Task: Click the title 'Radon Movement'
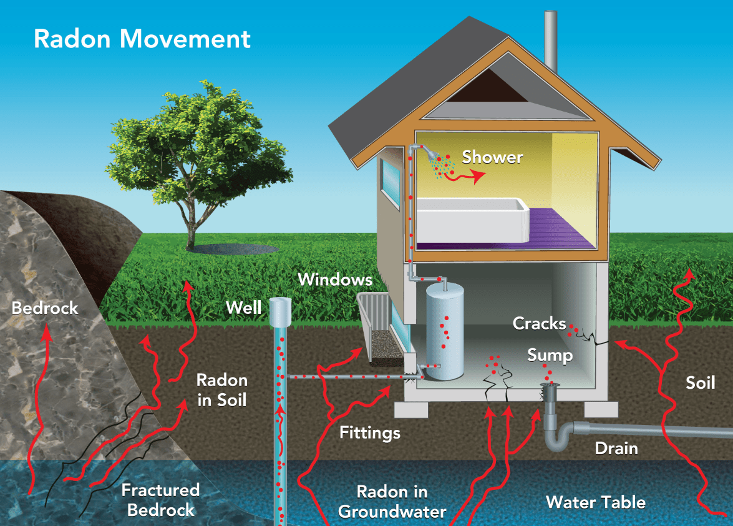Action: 142,39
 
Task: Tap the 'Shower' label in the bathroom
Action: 492,157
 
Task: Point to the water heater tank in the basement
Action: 445,331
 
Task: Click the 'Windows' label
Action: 335,279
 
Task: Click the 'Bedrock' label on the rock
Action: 45,308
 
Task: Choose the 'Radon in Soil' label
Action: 222,389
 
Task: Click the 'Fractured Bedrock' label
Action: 160,499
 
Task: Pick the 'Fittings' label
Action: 370,432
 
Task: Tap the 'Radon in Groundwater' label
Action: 392,501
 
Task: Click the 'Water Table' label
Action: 595,502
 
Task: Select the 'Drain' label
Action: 616,448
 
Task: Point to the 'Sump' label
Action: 550,355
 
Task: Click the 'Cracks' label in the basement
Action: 539,323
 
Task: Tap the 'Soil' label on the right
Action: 700,382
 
